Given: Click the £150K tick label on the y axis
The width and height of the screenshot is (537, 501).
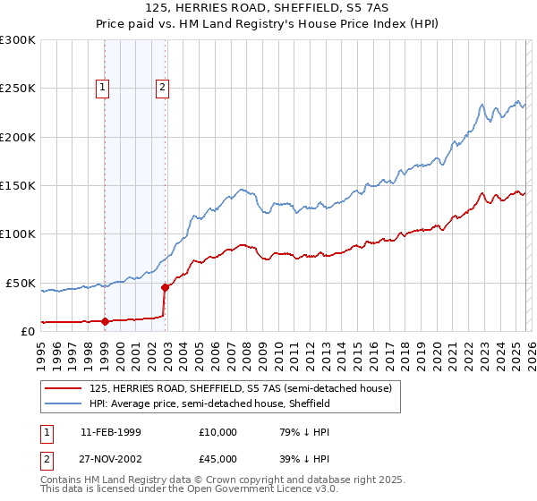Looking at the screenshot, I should [x=17, y=186].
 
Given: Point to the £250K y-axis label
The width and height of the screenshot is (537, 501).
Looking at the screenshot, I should [x=17, y=89].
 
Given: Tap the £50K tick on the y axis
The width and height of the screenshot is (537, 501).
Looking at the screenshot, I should [x=20, y=283].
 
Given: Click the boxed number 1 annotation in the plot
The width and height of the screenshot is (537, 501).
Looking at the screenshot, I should [x=103, y=88].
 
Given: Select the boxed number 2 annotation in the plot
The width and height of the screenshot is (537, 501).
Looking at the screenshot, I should [x=162, y=88].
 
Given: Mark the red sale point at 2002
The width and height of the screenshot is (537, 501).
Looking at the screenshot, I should [x=166, y=287].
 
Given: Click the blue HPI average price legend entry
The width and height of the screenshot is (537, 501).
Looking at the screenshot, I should [x=209, y=404].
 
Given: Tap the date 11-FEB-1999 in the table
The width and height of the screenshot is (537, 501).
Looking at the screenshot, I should [x=110, y=432].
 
